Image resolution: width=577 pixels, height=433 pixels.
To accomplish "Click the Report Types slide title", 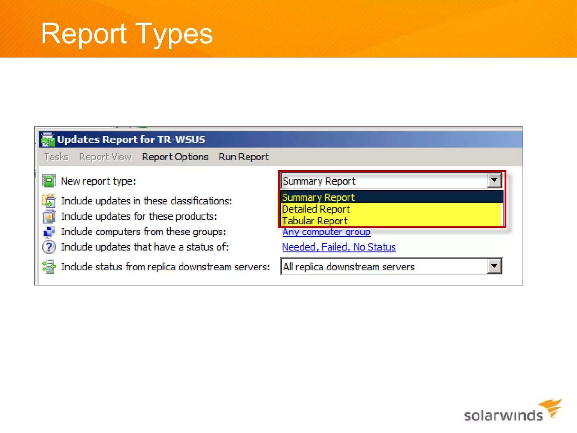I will [x=127, y=34].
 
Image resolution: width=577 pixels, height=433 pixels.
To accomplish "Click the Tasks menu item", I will [x=56, y=157].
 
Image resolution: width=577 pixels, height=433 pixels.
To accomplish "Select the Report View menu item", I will [x=105, y=157].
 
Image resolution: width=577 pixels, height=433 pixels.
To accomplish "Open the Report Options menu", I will [x=175, y=157].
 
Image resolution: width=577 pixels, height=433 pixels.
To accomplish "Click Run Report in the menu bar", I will [x=244, y=157].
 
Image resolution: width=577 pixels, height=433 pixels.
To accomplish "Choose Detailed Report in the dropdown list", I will [x=316, y=209].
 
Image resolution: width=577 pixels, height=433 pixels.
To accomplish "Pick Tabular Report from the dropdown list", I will [x=315, y=221].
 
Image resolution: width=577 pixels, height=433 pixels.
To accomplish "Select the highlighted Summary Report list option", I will [x=318, y=197].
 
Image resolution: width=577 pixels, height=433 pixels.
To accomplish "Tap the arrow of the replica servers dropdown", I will [x=494, y=266].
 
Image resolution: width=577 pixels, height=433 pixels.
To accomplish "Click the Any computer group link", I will [x=327, y=232].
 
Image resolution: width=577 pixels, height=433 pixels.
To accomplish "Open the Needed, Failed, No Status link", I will [x=339, y=247].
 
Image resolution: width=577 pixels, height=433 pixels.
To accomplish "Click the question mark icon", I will [x=49, y=247].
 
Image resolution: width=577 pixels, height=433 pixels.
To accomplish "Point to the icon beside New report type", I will [x=49, y=181].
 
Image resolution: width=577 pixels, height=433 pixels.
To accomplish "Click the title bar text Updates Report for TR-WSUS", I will [x=131, y=140].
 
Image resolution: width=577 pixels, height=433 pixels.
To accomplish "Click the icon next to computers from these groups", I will [x=49, y=232].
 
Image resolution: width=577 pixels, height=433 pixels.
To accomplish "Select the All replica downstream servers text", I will [x=349, y=267].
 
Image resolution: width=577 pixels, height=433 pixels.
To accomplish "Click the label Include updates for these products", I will [x=139, y=216].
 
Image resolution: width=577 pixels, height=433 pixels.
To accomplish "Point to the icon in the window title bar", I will [x=48, y=140].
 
